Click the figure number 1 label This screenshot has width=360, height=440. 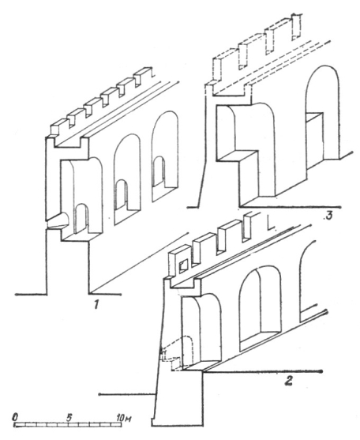pos(96,304)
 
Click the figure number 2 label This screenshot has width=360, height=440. pos(289,380)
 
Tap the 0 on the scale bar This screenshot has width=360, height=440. pos(15,417)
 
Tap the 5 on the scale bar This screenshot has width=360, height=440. pos(69,417)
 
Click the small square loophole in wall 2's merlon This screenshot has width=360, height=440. pos(183,265)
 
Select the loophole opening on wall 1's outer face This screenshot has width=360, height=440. pos(58,221)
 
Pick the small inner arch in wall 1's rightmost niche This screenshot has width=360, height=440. pos(159,171)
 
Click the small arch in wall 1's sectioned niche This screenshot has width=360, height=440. pos(81,218)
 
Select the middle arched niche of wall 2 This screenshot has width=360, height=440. pos(261,309)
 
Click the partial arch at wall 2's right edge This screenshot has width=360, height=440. pos(306,280)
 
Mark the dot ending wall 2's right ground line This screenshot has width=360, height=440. pos(321,371)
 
